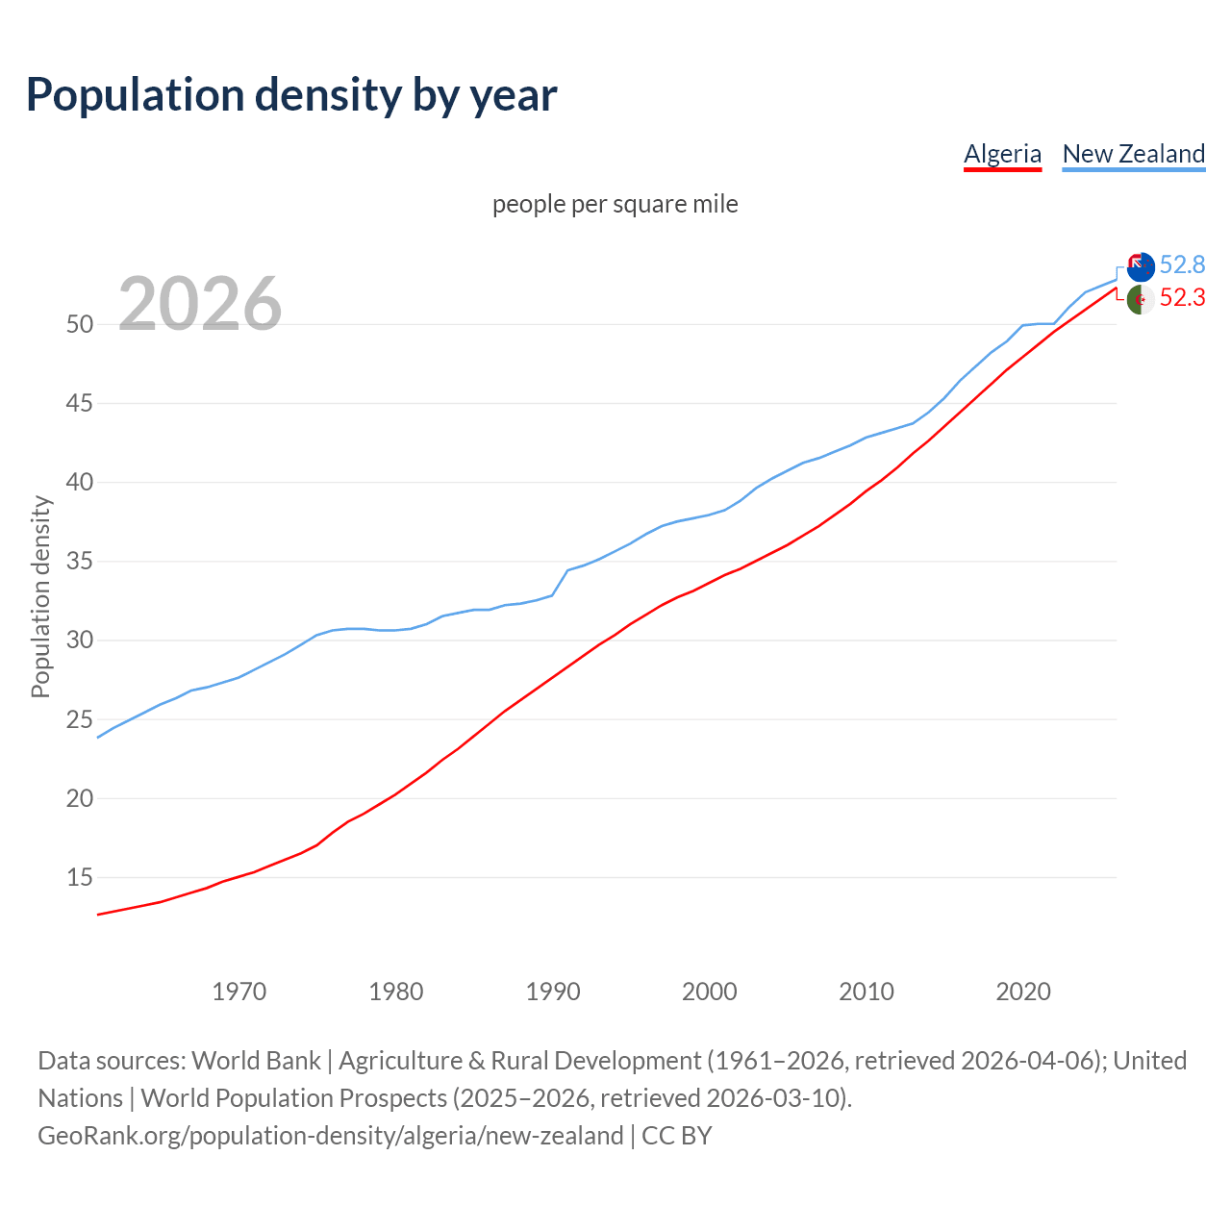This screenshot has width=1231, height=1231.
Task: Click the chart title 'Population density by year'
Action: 291,95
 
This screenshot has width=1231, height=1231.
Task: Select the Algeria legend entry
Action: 1002,154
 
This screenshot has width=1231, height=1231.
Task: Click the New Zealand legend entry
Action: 1133,154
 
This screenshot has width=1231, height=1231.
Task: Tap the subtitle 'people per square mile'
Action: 615,204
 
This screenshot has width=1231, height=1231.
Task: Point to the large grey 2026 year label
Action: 200,304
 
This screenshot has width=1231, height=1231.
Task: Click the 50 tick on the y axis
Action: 80,324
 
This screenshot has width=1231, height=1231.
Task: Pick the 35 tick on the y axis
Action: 80,561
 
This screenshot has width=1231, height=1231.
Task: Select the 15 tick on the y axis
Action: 80,877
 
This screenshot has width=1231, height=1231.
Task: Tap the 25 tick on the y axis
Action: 80,719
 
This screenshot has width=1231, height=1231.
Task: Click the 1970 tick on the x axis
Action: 239,992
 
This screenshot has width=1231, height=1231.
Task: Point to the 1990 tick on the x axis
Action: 553,992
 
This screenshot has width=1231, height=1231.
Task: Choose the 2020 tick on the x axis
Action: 1023,992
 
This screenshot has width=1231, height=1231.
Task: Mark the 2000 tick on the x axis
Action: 710,992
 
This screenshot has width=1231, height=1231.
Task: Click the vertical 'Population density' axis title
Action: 40,596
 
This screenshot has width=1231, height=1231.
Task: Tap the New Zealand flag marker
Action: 1141,266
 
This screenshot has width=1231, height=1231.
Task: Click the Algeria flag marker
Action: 1141,299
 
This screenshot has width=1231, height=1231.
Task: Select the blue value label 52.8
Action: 1182,264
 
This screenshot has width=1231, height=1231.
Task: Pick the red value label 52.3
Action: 1182,298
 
